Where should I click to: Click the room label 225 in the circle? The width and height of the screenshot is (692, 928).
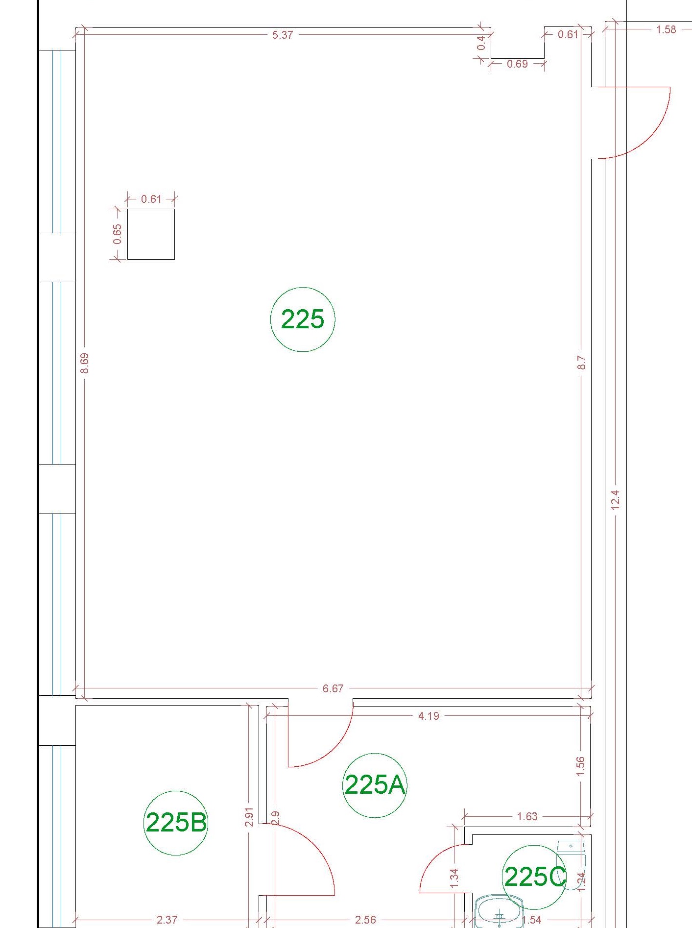tap(303, 319)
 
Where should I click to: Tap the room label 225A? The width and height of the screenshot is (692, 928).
tap(375, 784)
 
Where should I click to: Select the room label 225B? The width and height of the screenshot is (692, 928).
tap(176, 822)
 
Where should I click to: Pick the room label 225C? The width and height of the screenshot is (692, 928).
tap(535, 877)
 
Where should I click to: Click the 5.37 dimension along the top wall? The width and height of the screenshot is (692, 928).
tap(283, 35)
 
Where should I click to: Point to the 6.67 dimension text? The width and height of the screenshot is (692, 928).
tap(333, 688)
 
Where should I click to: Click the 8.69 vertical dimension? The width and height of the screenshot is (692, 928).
tap(85, 363)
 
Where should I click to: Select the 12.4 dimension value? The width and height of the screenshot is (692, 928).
tap(616, 500)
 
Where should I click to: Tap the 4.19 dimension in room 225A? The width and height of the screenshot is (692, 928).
tap(429, 716)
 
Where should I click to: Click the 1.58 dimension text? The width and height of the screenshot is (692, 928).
tap(666, 29)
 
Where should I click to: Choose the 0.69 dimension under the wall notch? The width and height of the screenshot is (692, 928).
tap(517, 64)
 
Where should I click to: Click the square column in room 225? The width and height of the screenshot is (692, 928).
tap(151, 234)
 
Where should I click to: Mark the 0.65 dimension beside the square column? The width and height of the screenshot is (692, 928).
tap(118, 234)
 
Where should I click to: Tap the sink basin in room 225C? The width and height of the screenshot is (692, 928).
tap(499, 911)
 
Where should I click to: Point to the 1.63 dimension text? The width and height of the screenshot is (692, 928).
tap(527, 816)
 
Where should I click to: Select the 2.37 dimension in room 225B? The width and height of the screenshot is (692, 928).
tap(167, 920)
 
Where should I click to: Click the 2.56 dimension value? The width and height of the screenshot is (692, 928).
tap(365, 920)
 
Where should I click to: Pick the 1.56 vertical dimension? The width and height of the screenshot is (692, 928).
tap(581, 766)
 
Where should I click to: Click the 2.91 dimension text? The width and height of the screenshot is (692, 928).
tap(249, 817)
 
